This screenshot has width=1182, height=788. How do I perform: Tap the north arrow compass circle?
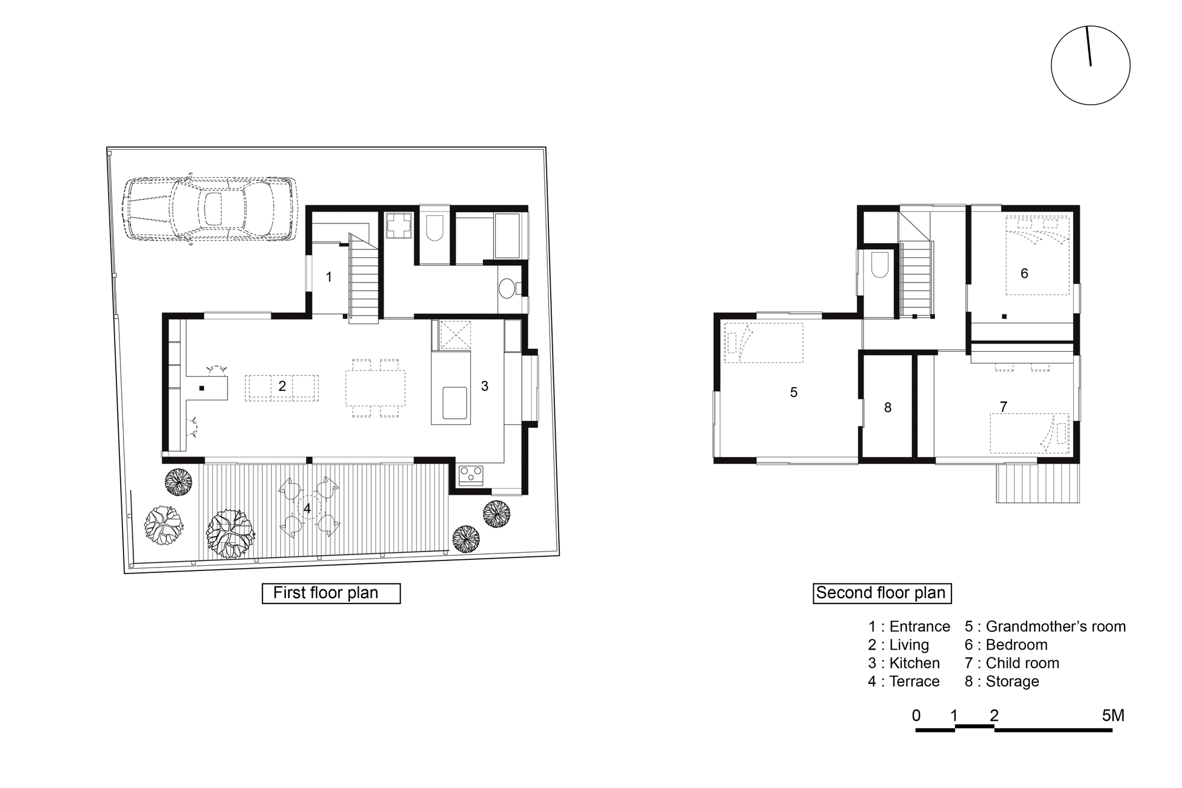(x=1090, y=66)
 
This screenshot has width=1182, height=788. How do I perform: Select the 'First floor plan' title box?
(x=331, y=593)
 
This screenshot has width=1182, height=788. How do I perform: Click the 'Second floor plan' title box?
(x=882, y=593)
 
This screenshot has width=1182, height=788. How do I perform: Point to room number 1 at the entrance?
(x=329, y=277)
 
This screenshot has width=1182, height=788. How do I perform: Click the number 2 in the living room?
(x=282, y=386)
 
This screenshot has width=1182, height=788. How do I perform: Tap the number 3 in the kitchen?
(x=485, y=386)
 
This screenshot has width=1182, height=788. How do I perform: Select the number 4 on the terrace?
(x=307, y=508)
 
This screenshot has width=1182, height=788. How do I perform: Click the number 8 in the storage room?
(x=887, y=407)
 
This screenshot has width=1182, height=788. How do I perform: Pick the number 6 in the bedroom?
(x=1024, y=273)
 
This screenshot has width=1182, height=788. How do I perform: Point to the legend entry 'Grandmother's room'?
(x=1045, y=627)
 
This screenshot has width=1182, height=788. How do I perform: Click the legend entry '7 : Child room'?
(x=1012, y=663)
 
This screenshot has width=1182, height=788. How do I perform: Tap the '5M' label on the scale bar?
(x=1113, y=716)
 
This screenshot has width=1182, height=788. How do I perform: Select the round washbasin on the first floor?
(x=506, y=289)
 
